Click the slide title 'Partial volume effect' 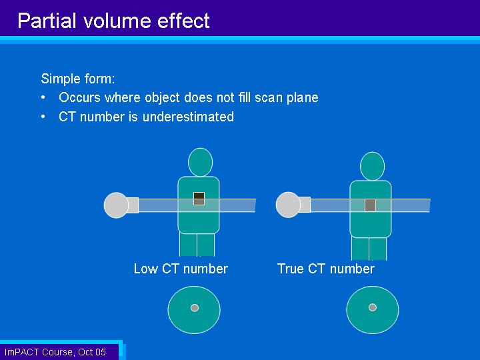113,21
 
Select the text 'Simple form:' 78,79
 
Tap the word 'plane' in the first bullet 303,97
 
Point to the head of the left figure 201,162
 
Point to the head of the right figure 372,166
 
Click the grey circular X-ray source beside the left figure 116,205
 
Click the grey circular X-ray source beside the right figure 289,205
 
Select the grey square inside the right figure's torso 371,205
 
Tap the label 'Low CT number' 181,269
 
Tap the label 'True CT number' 326,269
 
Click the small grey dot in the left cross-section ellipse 195,307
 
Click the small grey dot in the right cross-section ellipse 373,307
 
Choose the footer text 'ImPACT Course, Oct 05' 55,352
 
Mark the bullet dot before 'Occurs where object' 43,97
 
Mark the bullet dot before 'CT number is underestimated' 43,117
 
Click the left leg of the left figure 188,245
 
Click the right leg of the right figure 378,249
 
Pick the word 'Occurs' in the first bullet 79,97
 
